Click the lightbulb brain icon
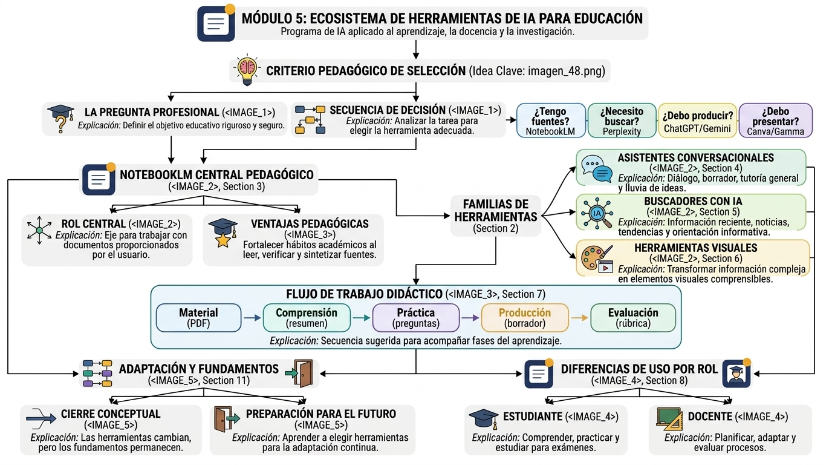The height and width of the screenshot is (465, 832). click(247, 70)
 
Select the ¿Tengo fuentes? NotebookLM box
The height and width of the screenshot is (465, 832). click(551, 120)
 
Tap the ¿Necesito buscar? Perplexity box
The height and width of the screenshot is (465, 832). click(622, 120)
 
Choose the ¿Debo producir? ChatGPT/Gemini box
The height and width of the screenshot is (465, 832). click(697, 120)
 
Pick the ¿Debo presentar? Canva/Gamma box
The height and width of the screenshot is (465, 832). click(776, 120)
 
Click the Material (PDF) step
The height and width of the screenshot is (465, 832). click(199, 318)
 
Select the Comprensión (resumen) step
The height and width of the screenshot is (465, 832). click(307, 318)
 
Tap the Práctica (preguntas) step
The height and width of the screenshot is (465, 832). click(416, 318)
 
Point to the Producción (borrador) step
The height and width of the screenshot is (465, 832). click(525, 318)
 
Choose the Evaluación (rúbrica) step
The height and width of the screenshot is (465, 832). click(633, 318)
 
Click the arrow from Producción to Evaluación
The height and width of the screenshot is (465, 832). click(579, 318)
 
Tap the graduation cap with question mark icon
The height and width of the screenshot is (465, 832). click(61, 118)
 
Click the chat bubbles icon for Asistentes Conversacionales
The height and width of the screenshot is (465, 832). click(597, 168)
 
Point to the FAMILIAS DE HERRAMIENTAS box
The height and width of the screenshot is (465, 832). click(495, 216)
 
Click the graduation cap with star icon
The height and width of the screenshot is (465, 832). click(223, 233)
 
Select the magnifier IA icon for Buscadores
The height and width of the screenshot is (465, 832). click(597, 213)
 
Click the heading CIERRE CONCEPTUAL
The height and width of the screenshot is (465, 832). click(111, 414)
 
